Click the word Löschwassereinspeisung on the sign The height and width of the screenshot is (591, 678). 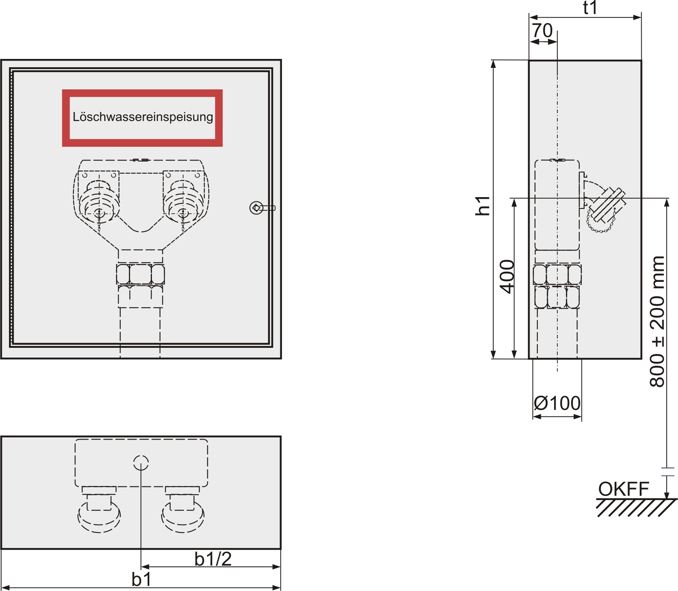(143, 117)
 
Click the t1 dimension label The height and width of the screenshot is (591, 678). (590, 8)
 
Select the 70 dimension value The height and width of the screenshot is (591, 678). (542, 30)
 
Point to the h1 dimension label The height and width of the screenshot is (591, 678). (483, 205)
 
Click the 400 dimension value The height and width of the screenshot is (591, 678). (507, 276)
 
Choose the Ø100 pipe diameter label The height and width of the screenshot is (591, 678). (557, 403)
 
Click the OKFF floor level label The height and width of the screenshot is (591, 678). (624, 489)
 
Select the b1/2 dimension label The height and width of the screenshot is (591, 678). (213, 559)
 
